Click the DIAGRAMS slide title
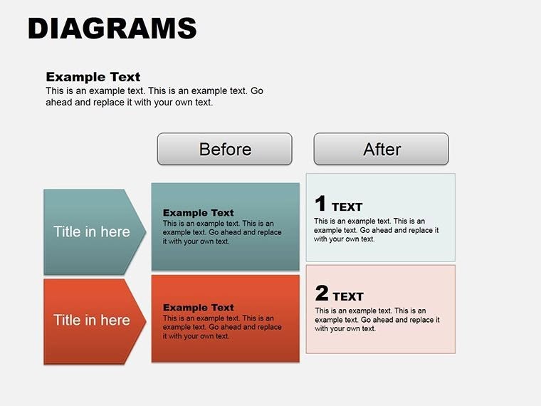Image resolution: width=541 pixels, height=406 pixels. coord(112,28)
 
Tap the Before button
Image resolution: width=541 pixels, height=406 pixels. coord(225,149)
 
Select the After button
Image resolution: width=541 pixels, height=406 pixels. coord(382,149)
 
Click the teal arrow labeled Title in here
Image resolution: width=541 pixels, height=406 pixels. coord(95,231)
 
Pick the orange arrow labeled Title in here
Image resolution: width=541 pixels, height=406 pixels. coord(95,322)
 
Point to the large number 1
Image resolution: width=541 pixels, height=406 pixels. coord(320,203)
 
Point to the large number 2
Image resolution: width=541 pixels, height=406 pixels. coord(322,293)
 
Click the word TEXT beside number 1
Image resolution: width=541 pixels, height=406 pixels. coord(347,207)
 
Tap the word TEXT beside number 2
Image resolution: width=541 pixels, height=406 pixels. coord(349,296)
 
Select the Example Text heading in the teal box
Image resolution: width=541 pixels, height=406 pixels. coord(199,213)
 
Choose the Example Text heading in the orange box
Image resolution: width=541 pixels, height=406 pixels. coord(199,307)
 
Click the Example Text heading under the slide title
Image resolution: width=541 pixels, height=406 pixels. coord(93,77)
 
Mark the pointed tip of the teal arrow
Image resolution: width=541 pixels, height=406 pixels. coord(146,231)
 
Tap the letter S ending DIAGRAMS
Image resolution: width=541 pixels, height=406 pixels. coord(188,28)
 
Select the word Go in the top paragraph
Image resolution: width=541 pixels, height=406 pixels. coord(257,90)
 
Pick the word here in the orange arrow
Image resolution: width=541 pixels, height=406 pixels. coord(115,320)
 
